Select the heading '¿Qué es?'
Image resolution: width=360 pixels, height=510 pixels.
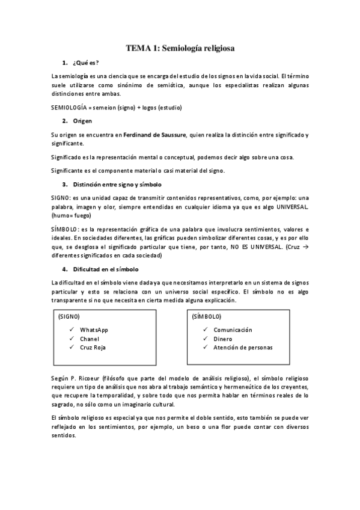point(85,63)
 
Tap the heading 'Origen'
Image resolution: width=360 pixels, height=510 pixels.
point(82,121)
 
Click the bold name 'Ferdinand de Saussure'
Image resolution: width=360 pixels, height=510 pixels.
point(154,135)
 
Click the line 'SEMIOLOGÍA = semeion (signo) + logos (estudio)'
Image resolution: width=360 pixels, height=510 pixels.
point(117,108)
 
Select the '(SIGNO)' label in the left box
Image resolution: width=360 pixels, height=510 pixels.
point(69,316)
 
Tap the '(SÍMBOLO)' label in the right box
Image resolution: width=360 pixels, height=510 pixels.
point(206,316)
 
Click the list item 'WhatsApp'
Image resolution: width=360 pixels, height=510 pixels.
point(94,330)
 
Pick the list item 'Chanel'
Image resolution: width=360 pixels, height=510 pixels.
point(90,339)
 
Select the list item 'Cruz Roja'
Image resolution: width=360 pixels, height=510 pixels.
point(93,347)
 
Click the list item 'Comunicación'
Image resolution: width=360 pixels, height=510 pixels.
point(233,330)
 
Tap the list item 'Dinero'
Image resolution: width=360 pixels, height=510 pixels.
point(223,339)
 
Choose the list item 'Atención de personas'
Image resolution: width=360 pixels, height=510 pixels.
point(243,347)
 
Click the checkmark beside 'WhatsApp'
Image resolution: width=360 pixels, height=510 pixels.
point(72,330)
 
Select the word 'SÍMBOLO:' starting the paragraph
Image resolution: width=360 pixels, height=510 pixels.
point(64,229)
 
